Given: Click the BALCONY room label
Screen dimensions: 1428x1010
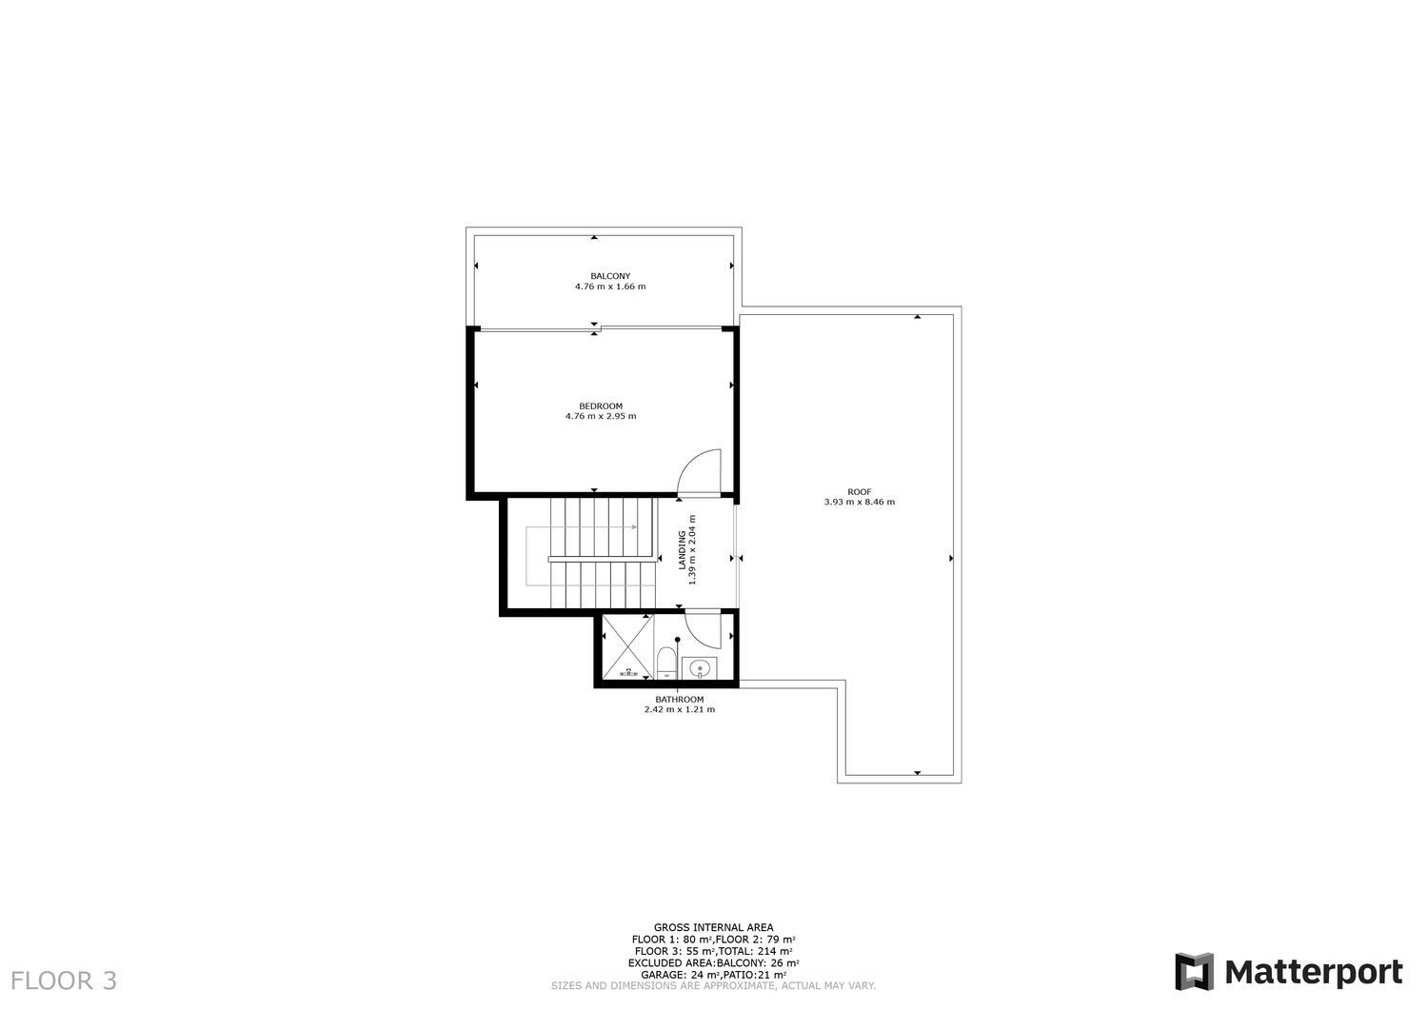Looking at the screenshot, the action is pos(610,276).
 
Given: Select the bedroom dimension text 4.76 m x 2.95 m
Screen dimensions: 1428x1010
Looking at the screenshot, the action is pos(601,416).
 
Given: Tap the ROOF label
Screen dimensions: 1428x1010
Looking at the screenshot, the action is pos(860,491).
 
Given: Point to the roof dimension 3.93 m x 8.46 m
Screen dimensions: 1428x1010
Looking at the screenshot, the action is pos(860,502).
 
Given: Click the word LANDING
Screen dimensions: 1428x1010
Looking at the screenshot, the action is pos(683,549).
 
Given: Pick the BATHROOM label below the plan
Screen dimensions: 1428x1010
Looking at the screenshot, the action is pos(680,700).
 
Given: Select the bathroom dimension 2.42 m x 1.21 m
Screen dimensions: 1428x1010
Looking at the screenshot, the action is pos(680,710).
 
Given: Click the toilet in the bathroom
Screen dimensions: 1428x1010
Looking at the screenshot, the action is pos(666,663).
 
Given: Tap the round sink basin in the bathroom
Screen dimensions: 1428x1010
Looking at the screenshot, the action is pos(700,668).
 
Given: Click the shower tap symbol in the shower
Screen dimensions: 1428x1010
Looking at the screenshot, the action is pos(628,673).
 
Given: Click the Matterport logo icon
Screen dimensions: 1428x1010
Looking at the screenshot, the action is pos(1194,972).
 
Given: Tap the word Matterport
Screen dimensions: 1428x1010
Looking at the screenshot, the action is pos(1313,973).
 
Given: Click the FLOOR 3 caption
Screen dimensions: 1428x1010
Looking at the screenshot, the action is pos(64,980).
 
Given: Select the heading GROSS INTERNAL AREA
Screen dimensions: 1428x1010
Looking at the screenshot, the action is pos(713,928).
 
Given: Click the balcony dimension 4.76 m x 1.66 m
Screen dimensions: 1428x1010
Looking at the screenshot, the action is pos(610,287).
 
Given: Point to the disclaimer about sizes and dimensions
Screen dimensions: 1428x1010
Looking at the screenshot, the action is pos(713,986).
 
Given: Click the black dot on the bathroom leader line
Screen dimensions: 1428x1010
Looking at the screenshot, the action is pos(678,639).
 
